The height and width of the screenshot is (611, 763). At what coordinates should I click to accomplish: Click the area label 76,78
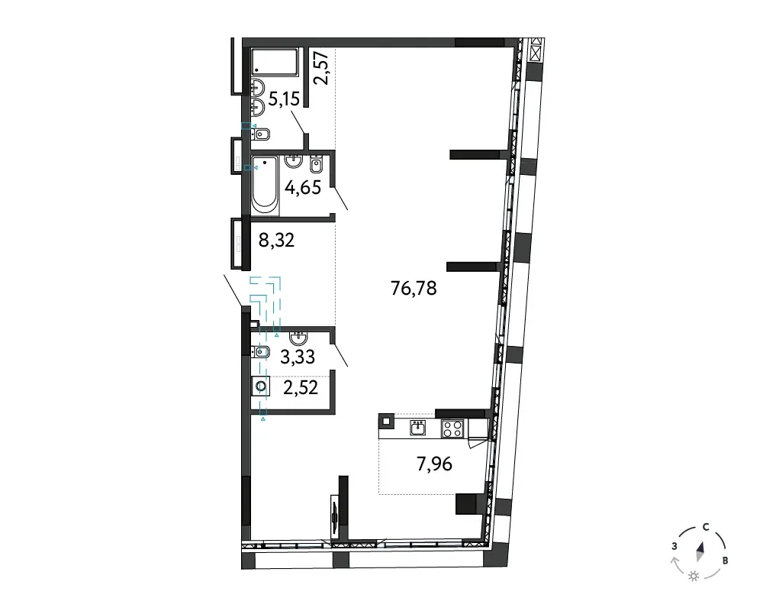pos(414,289)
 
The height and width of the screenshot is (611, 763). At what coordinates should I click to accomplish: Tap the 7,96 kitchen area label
pos(435,464)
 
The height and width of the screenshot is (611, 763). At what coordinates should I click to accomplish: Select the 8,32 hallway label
pos(276,241)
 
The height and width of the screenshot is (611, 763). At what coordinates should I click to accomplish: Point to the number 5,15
pos(284,99)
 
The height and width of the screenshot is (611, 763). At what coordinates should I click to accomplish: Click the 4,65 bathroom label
pos(303,187)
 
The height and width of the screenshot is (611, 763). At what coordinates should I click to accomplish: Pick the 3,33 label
pos(298,357)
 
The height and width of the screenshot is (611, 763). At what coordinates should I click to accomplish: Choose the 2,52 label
pos(301,388)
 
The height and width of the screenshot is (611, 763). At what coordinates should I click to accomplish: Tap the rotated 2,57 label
pos(322,69)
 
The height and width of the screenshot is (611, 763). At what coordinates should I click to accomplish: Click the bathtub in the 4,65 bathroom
pos(265,186)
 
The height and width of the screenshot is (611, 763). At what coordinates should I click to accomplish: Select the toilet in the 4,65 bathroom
pos(317,165)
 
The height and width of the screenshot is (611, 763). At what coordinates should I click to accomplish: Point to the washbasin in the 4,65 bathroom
pos(295,160)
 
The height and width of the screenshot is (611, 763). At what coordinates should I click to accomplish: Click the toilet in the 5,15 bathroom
pos(260,134)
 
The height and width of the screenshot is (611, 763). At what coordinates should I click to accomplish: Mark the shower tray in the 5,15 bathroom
pos(274,61)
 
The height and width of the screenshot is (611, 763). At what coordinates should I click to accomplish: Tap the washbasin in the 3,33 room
pos(298,337)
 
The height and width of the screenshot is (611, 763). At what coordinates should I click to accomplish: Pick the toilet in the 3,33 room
pos(260,351)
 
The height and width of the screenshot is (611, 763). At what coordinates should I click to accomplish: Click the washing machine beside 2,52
pos(261,387)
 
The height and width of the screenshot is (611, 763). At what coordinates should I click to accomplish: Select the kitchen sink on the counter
pos(418,428)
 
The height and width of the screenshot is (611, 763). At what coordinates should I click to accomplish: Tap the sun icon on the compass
pos(694,577)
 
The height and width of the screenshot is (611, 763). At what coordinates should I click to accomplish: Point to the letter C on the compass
pos(706,527)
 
